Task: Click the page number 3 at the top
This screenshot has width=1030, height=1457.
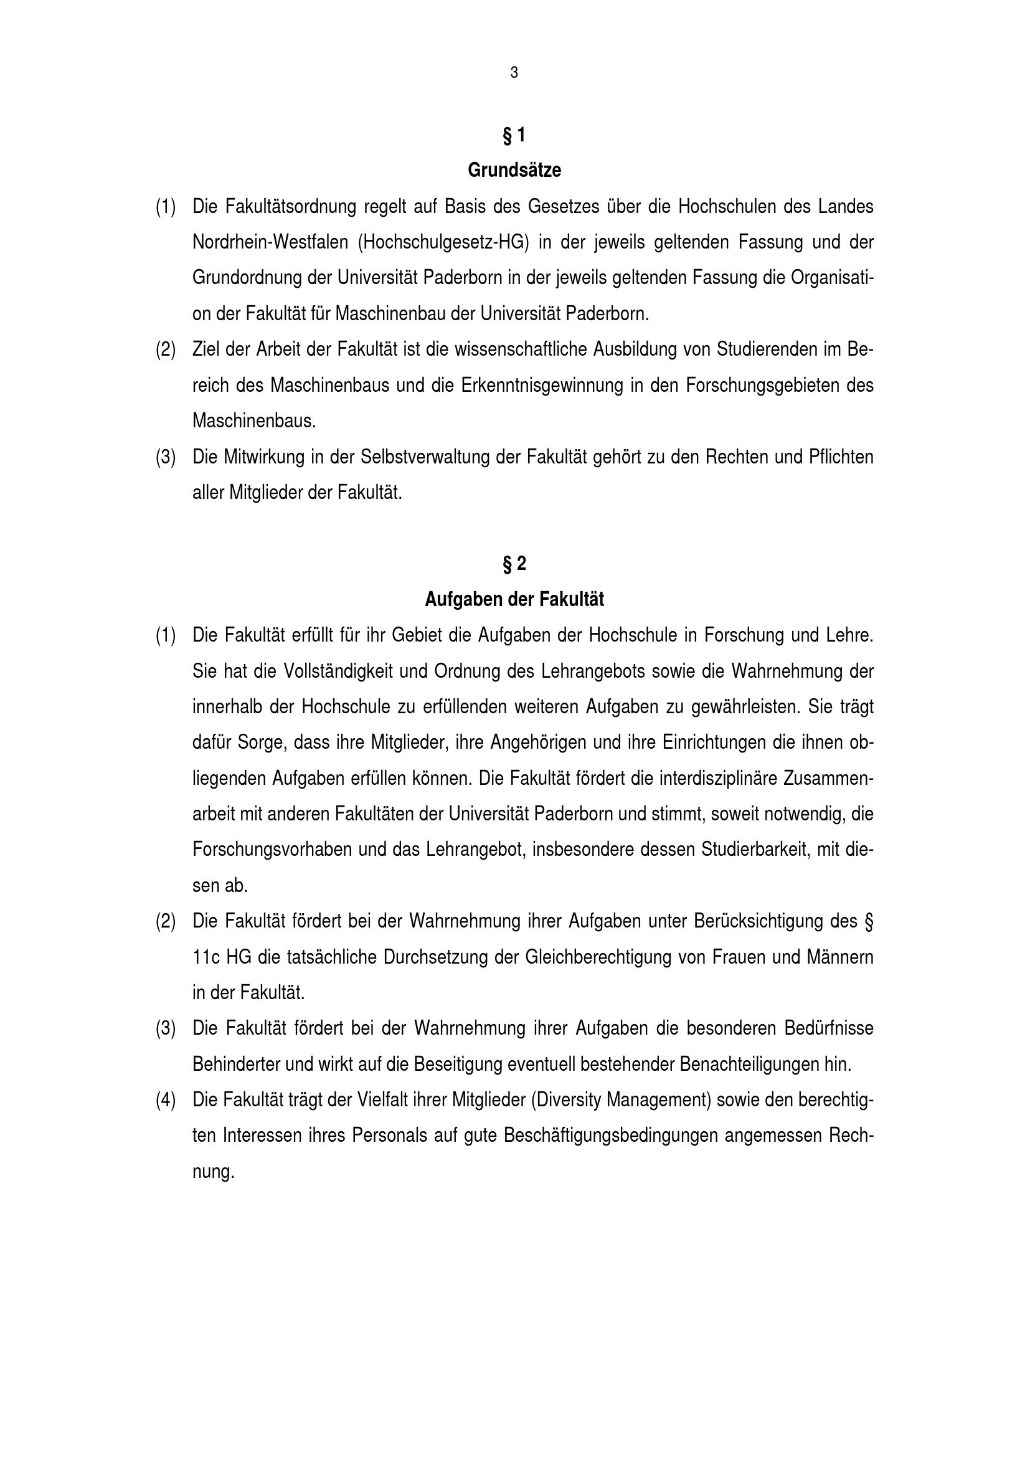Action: (514, 73)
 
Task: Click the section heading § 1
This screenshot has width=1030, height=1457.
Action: (514, 135)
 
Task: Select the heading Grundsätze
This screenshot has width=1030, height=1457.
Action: (514, 171)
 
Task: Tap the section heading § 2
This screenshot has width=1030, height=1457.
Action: (514, 564)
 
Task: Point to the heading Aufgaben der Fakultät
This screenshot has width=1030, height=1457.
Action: (514, 600)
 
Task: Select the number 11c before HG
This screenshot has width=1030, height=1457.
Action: (206, 957)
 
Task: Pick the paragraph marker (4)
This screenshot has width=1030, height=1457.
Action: (166, 1099)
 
